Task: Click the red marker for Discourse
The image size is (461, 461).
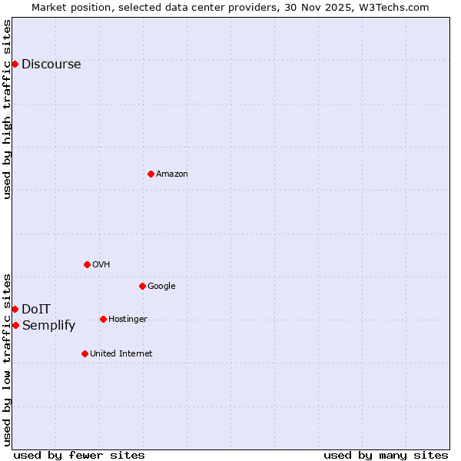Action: pyautogui.click(x=15, y=64)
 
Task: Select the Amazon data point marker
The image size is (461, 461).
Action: pyautogui.click(x=151, y=174)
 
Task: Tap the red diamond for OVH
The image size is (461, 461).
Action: pyautogui.click(x=87, y=264)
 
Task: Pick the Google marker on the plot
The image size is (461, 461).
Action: pyautogui.click(x=142, y=286)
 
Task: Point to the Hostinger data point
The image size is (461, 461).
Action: pyautogui.click(x=103, y=319)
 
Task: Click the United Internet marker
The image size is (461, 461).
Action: pyautogui.click(x=85, y=353)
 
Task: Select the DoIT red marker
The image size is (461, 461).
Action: pyautogui.click(x=15, y=309)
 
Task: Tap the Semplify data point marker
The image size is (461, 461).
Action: pyautogui.click(x=15, y=325)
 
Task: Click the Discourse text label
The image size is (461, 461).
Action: pyautogui.click(x=51, y=65)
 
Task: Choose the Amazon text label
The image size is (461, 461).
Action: pyautogui.click(x=172, y=174)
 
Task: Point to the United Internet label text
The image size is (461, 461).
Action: pyautogui.click(x=121, y=354)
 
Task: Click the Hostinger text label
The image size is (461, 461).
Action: pyautogui.click(x=128, y=320)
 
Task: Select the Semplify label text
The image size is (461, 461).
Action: pyautogui.click(x=48, y=326)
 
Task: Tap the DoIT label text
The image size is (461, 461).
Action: pyautogui.click(x=36, y=310)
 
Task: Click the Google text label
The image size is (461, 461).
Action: pyautogui.click(x=161, y=287)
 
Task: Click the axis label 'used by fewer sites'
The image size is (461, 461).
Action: pyautogui.click(x=79, y=455)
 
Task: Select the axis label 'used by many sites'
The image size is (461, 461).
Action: pyautogui.click(x=386, y=455)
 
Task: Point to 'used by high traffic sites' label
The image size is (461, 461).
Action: pyautogui.click(x=7, y=109)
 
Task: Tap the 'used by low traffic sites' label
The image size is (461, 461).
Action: pyautogui.click(x=7, y=360)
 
